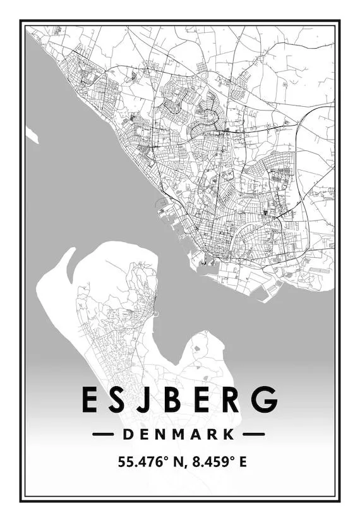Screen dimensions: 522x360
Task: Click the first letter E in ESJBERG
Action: [x=89, y=399]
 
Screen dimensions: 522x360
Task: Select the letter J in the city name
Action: [x=145, y=399]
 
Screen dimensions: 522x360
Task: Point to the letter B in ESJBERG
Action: [x=172, y=399]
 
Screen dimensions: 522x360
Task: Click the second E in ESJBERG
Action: [x=201, y=399]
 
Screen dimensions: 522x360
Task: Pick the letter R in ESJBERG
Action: [x=231, y=399]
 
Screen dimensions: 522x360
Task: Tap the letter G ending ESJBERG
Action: [x=263, y=399]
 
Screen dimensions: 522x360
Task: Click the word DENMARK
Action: [x=179, y=434]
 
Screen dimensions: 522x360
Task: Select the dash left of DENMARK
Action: [x=103, y=434]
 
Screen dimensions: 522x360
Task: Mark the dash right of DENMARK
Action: [x=254, y=434]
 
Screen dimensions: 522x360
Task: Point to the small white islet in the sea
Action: [x=32, y=135]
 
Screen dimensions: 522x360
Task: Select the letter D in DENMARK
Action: [x=128, y=434]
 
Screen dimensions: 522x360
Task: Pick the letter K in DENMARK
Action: [x=229, y=434]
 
